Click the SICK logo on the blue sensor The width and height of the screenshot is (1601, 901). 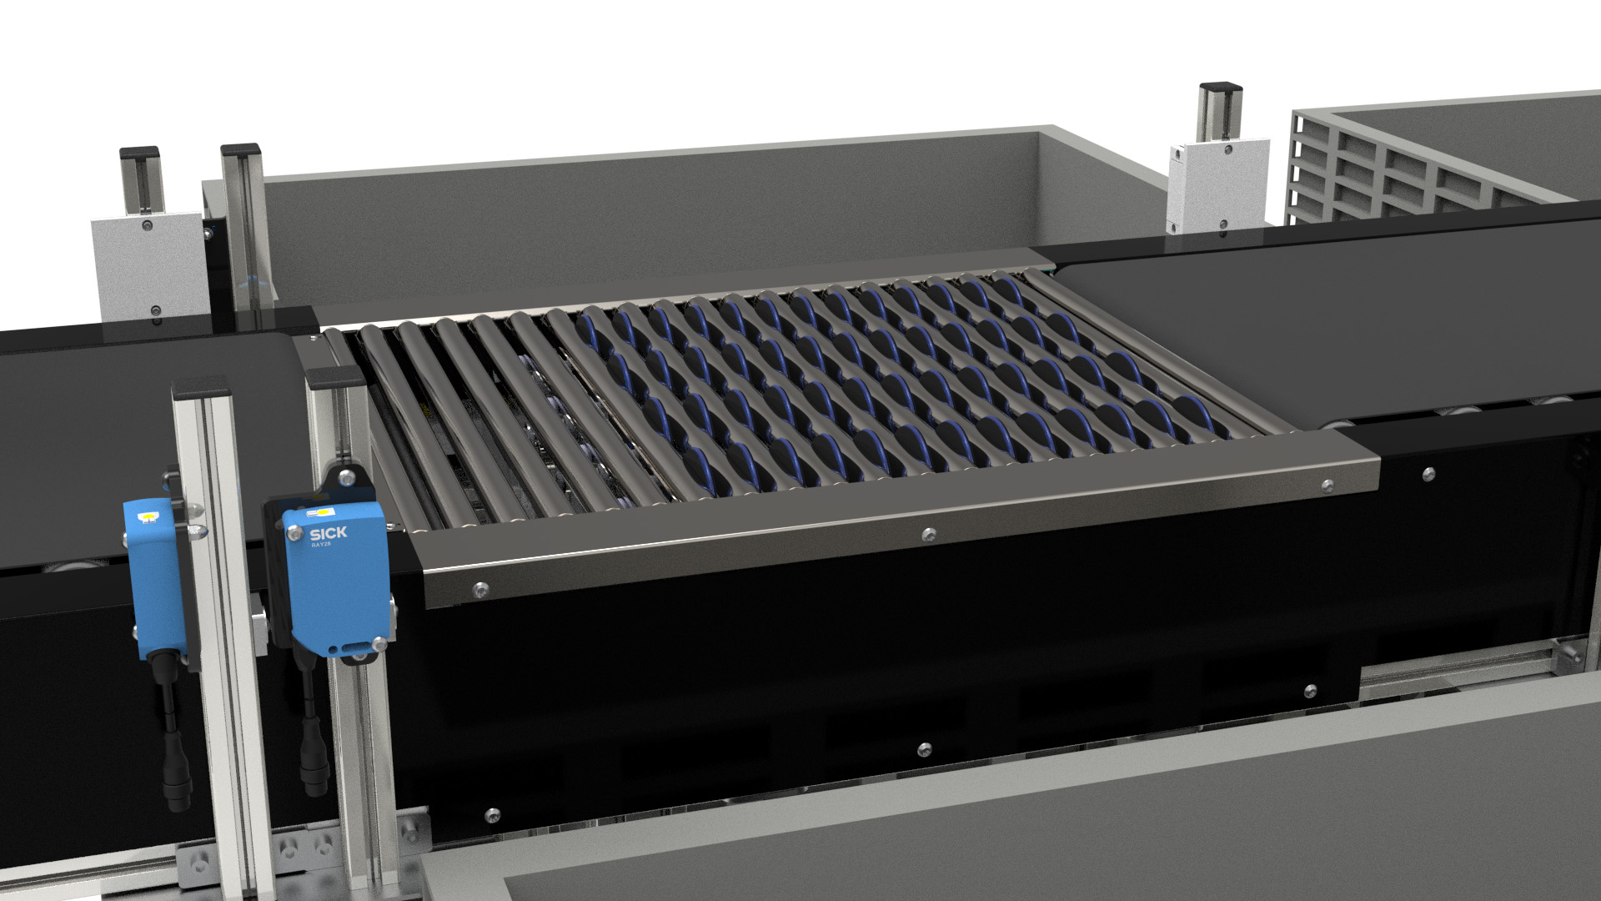coord(329,533)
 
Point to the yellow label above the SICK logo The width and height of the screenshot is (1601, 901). coord(319,510)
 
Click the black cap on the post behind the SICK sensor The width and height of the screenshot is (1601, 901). coord(335,377)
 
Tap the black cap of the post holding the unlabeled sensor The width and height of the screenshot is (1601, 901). coord(200,387)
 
